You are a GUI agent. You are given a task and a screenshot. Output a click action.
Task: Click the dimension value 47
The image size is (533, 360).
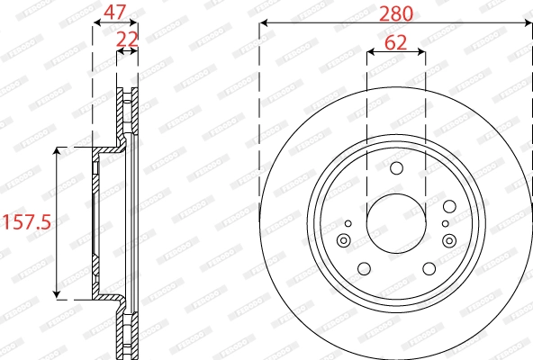pyautogui.click(x=114, y=12)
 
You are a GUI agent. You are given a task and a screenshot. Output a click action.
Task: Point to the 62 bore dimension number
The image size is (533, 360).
pyautogui.click(x=396, y=41)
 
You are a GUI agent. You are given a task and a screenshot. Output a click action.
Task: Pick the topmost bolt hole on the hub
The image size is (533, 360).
pyautogui.click(x=396, y=168)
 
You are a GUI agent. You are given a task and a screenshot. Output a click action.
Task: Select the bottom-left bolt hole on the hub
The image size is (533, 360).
pyautogui.click(x=364, y=268)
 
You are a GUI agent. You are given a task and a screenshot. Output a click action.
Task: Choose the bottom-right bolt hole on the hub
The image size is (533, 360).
pyautogui.click(x=429, y=268)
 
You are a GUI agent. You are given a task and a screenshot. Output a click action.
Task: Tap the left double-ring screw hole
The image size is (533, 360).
pyautogui.click(x=344, y=239)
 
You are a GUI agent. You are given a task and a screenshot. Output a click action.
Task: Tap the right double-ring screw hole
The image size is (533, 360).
pyautogui.click(x=448, y=239)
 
